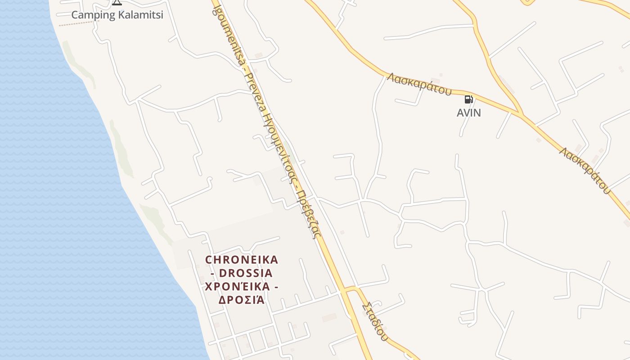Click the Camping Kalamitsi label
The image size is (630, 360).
tap(117, 15)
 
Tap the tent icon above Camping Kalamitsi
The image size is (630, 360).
tap(117, 2)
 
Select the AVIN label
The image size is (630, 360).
tap(469, 113)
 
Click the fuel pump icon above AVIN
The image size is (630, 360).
tap(468, 99)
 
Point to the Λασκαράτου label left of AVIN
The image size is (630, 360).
tap(419, 84)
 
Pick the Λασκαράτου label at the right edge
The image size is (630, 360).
tap(585, 170)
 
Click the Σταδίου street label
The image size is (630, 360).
tap(374, 321)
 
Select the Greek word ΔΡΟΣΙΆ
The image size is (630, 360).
tap(241, 300)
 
